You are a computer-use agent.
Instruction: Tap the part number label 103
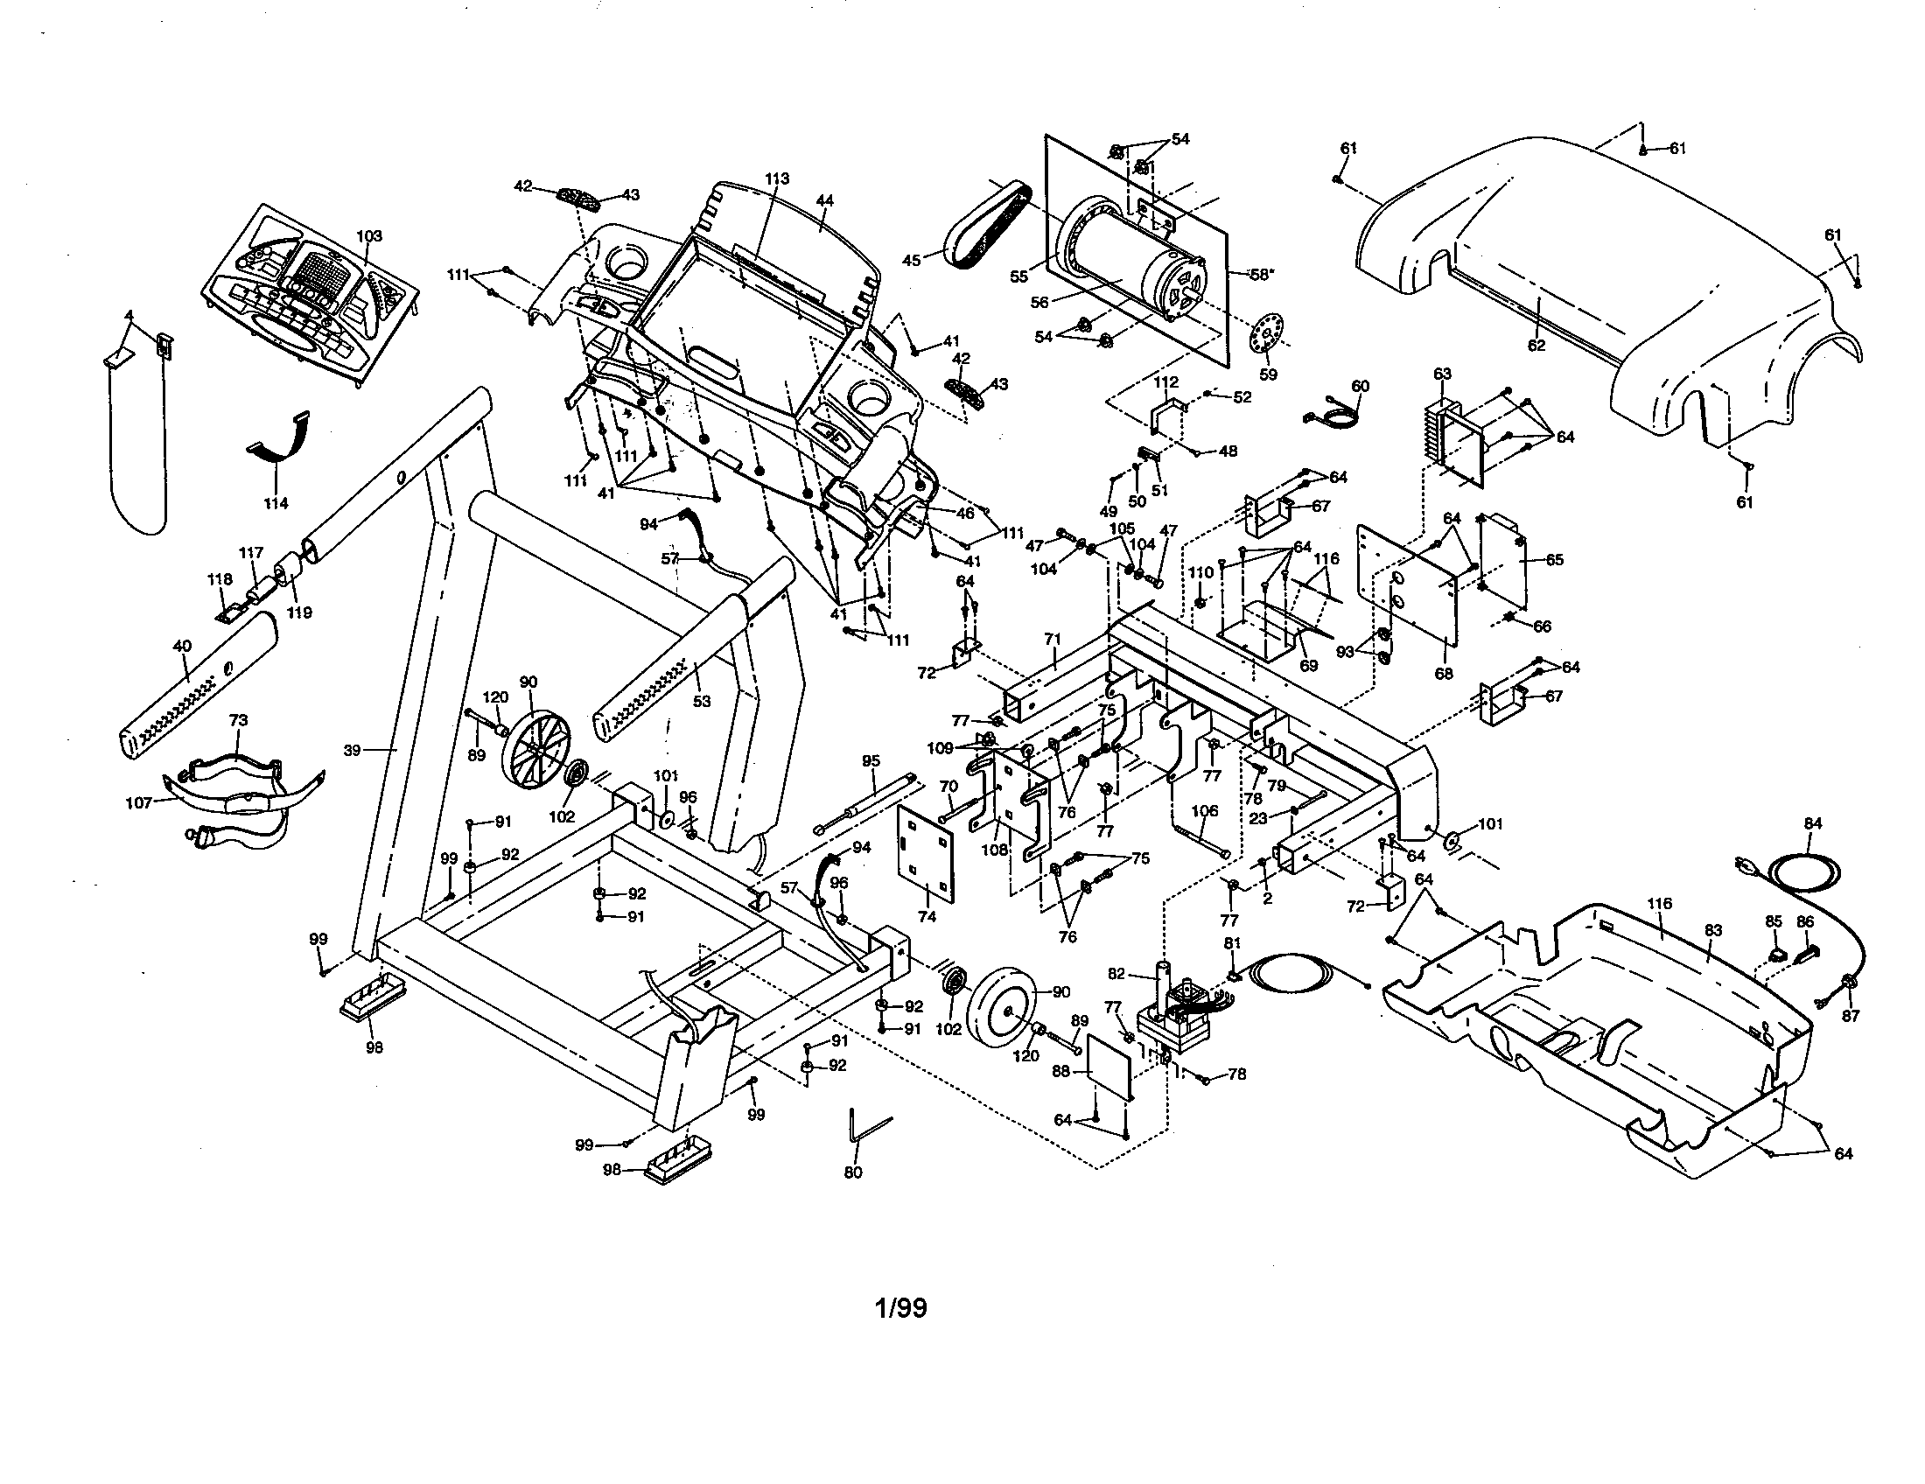click(x=369, y=236)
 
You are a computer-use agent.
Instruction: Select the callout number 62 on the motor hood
click(x=1536, y=346)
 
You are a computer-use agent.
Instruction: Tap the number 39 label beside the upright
click(x=353, y=750)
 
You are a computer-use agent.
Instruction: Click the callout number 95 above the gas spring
click(x=871, y=760)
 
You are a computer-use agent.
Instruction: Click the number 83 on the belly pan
click(x=1712, y=930)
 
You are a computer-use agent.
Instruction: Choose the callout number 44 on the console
click(x=824, y=201)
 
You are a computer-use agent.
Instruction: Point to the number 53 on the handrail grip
click(x=702, y=702)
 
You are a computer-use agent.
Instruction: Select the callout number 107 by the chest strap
click(x=139, y=802)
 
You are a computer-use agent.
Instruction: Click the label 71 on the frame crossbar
click(x=1056, y=638)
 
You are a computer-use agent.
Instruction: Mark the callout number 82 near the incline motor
click(x=1116, y=973)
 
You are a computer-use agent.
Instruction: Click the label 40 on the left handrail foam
click(x=182, y=646)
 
